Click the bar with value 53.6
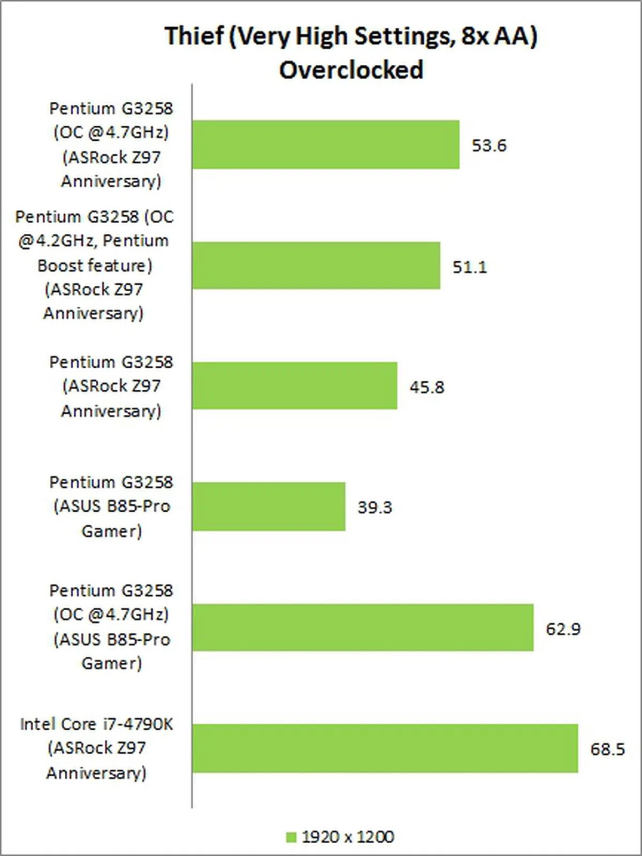325,145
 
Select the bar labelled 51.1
316,266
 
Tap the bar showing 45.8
294,385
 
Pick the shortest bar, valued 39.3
269,506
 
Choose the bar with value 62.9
363,627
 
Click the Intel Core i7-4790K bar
385,748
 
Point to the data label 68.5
607,749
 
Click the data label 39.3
374,507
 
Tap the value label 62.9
563,628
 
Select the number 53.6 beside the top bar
488,146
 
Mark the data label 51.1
470,267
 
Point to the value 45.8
426,387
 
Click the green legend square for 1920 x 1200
291,837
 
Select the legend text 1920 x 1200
348,837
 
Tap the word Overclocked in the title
351,70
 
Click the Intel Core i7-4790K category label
96,748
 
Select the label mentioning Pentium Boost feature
95,265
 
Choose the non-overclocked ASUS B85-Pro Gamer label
111,506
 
